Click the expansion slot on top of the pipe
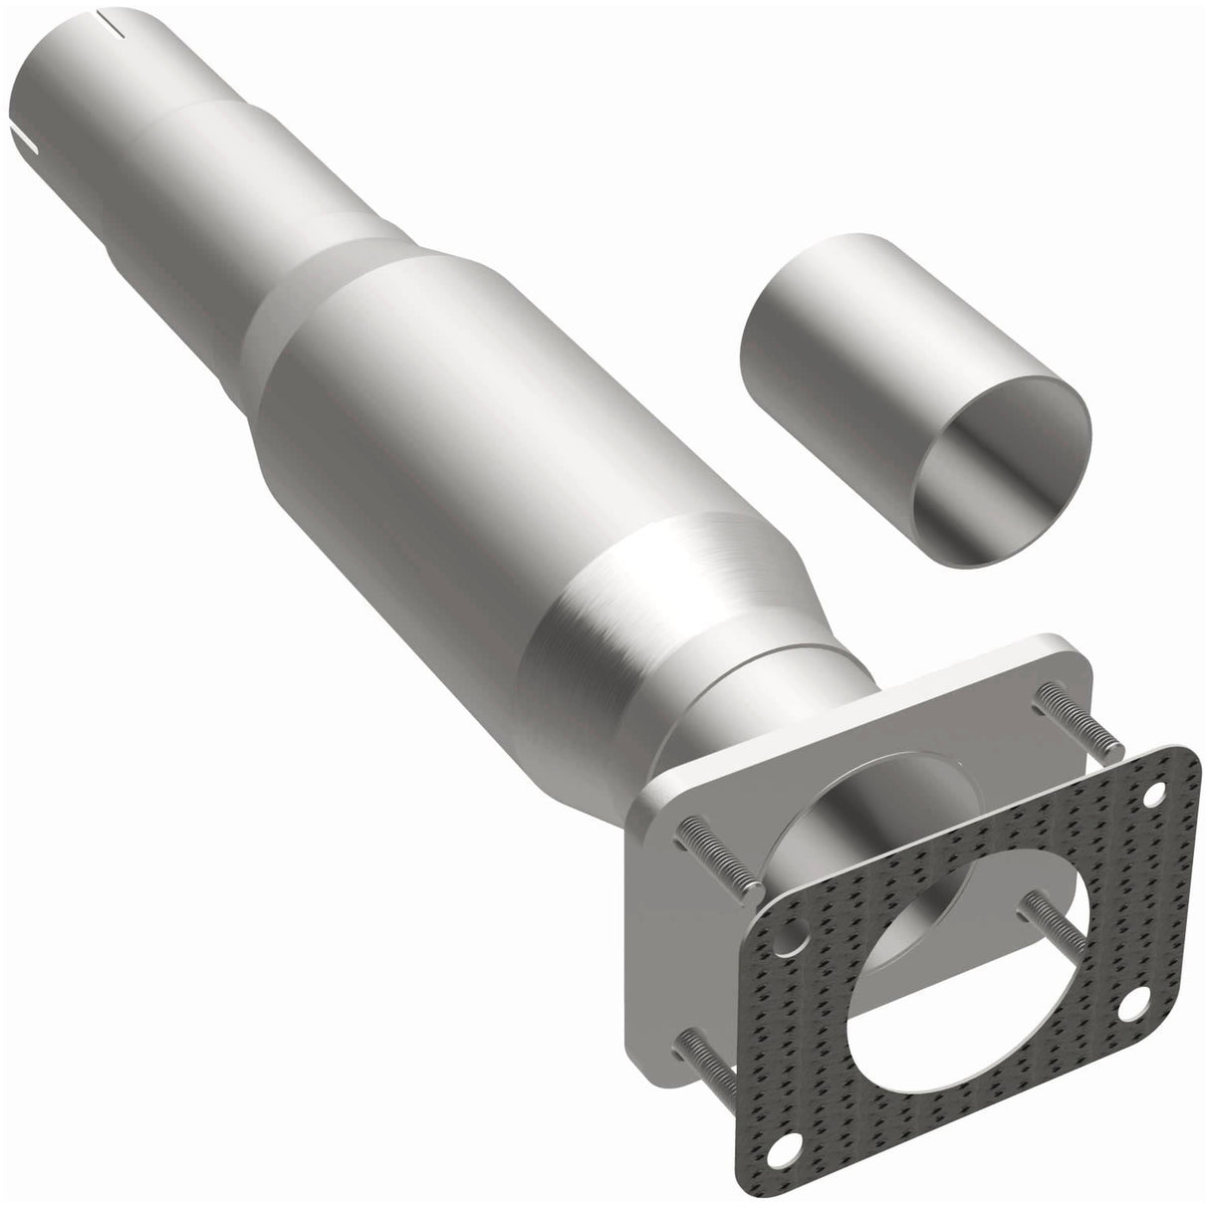coord(112,17)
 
